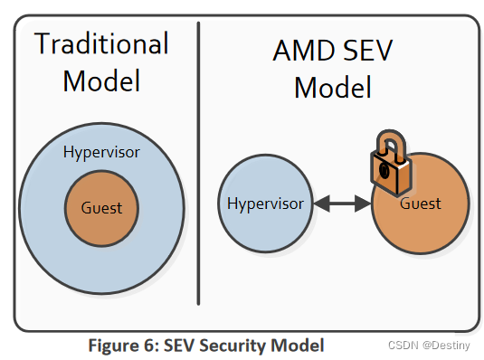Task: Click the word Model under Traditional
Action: (x=101, y=81)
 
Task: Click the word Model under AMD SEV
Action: (x=333, y=89)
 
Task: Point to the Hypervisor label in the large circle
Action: (x=101, y=153)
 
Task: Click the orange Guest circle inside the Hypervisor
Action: (x=101, y=208)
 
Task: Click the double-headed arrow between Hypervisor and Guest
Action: (x=341, y=204)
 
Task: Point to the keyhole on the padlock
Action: (x=384, y=170)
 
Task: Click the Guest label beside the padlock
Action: (x=421, y=204)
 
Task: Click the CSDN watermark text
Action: (x=400, y=345)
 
